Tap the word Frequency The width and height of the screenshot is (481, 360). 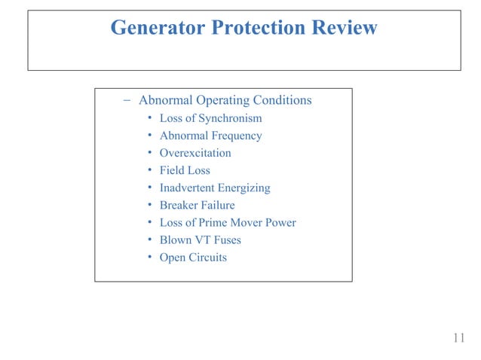pos(234,136)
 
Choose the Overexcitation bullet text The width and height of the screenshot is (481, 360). pos(195,154)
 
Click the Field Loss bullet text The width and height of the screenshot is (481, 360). pos(185,171)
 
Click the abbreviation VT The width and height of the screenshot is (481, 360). pos(201,240)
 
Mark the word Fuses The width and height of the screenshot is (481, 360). pos(227,240)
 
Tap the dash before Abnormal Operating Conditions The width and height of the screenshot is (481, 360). pos(127,100)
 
